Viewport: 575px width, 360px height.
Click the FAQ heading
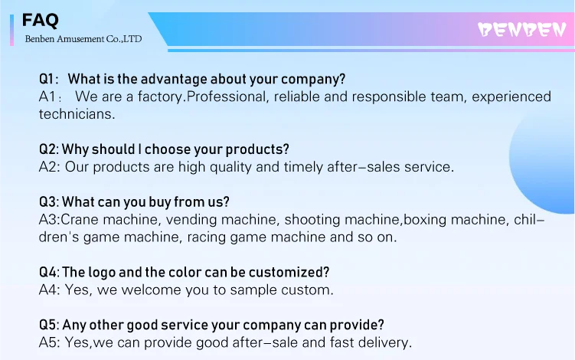click(x=40, y=20)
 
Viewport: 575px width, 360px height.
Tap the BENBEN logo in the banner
click(x=522, y=30)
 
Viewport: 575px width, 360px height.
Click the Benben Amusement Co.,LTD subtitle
click(x=83, y=39)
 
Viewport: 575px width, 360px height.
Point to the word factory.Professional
click(x=201, y=97)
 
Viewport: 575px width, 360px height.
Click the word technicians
click(x=77, y=114)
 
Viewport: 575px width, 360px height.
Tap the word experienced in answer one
click(x=511, y=97)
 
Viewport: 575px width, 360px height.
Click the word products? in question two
click(x=257, y=149)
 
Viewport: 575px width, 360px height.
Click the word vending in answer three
click(x=191, y=220)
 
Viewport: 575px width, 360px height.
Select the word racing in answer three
click(x=206, y=237)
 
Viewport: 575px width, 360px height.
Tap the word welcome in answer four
click(x=151, y=290)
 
